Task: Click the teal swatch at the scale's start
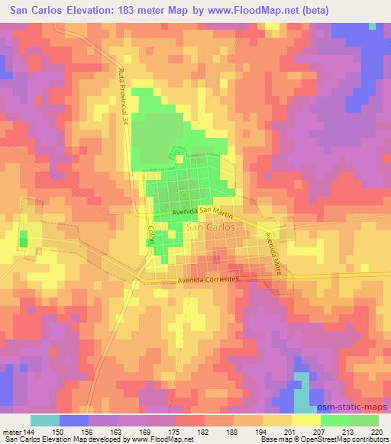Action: tap(46, 420)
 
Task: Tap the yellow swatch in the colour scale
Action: tap(305, 420)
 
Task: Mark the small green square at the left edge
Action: tap(23, 242)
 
